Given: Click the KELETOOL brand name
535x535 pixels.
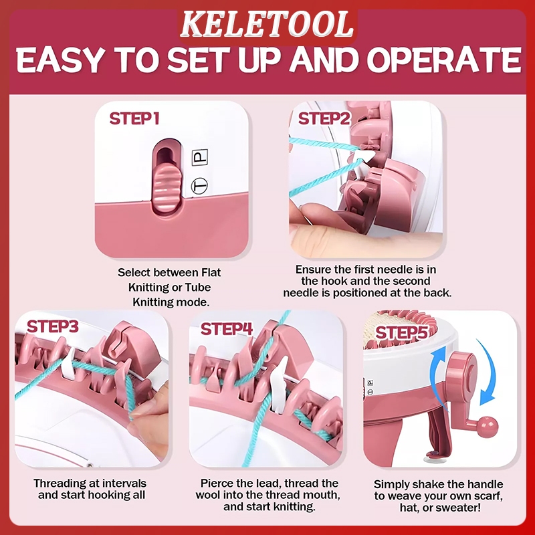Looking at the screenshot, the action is [266, 24].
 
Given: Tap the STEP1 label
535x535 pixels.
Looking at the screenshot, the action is [134, 118].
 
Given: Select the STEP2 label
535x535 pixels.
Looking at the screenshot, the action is [324, 118].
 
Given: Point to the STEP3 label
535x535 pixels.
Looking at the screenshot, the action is [53, 326].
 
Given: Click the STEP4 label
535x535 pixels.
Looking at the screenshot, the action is [227, 329].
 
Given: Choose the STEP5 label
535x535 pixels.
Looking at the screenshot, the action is [402, 332].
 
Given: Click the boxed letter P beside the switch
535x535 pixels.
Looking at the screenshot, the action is [200, 157].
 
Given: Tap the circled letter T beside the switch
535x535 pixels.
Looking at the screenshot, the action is [199, 187].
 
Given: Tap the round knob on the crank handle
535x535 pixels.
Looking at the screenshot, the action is [488, 427].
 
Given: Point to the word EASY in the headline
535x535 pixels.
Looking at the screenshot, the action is [60, 60].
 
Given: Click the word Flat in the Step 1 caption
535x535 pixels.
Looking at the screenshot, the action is [211, 272].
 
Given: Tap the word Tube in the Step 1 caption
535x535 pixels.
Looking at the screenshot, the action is [197, 288].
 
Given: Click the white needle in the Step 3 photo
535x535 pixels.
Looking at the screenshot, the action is [68, 364].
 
